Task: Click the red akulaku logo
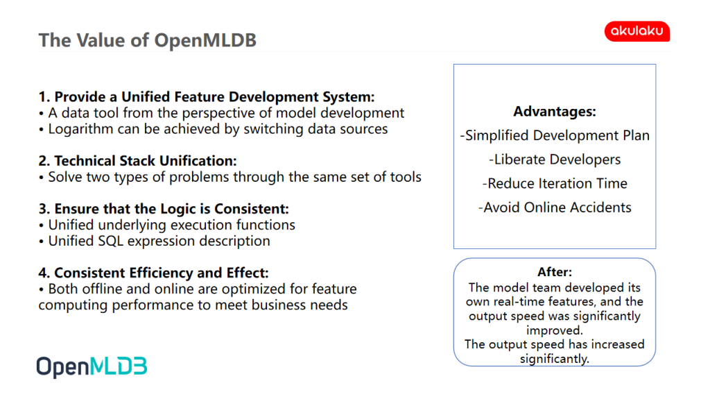(637, 31)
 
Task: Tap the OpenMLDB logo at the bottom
(92, 366)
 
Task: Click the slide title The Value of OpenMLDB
(148, 40)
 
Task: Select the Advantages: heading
(555, 112)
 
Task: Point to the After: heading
(555, 272)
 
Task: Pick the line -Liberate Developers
(555, 160)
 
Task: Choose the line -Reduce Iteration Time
(555, 184)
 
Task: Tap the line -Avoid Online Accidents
(555, 207)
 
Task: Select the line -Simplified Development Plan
(555, 135)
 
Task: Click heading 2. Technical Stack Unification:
(138, 161)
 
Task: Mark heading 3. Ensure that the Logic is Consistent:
(164, 209)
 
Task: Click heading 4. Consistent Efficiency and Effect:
(153, 273)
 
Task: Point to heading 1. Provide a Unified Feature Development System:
(207, 97)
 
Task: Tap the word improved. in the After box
(555, 330)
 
